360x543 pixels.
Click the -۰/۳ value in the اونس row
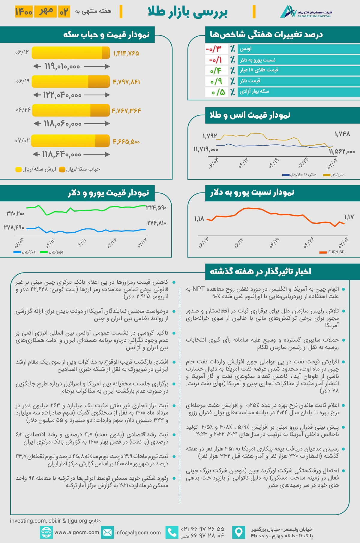[x=214, y=49]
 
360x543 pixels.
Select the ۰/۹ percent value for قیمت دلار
[x=216, y=81]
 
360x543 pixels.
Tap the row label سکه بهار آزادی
[x=254, y=91]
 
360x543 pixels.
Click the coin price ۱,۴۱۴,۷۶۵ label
[x=126, y=53]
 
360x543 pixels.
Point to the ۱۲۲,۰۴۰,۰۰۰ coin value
[x=62, y=95]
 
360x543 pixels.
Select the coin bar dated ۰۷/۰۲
[x=70, y=141]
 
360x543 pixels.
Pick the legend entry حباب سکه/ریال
[x=80, y=169]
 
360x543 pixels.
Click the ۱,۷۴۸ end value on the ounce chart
[x=342, y=134]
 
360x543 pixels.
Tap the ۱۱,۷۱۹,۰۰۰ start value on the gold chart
[x=206, y=149]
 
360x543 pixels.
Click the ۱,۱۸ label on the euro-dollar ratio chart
[x=199, y=219]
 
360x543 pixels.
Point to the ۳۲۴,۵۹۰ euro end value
[x=156, y=208]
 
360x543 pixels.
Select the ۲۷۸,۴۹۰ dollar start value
[x=14, y=228]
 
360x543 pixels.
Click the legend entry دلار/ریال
[x=25, y=252]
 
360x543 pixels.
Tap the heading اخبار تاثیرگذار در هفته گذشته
[x=260, y=271]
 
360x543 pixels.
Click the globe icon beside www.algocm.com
[x=46, y=532]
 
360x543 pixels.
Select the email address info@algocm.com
[x=138, y=532]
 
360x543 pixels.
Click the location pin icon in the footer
[x=238, y=532]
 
